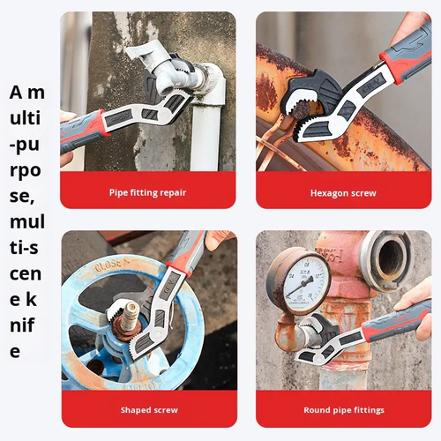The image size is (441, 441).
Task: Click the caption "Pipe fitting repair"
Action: coord(148,192)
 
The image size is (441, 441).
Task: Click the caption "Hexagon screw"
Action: coord(343,192)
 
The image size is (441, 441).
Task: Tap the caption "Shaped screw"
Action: coord(148,409)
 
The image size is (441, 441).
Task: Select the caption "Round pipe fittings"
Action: coord(343,409)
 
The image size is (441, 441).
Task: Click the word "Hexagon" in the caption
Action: coord(327,192)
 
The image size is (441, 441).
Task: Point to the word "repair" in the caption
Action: coord(173,192)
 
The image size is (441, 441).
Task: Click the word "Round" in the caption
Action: coord(318,409)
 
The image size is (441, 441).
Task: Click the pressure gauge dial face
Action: coord(297,280)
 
